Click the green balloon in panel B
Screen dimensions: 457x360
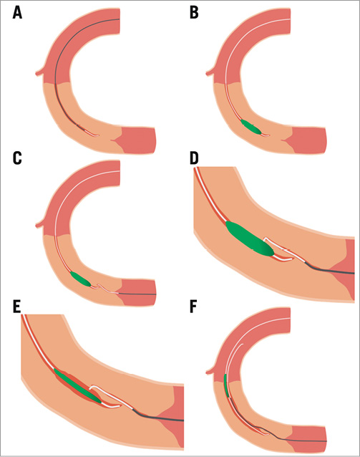[251, 127]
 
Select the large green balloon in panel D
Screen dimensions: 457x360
[248, 241]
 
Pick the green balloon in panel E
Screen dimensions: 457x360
[77, 385]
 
